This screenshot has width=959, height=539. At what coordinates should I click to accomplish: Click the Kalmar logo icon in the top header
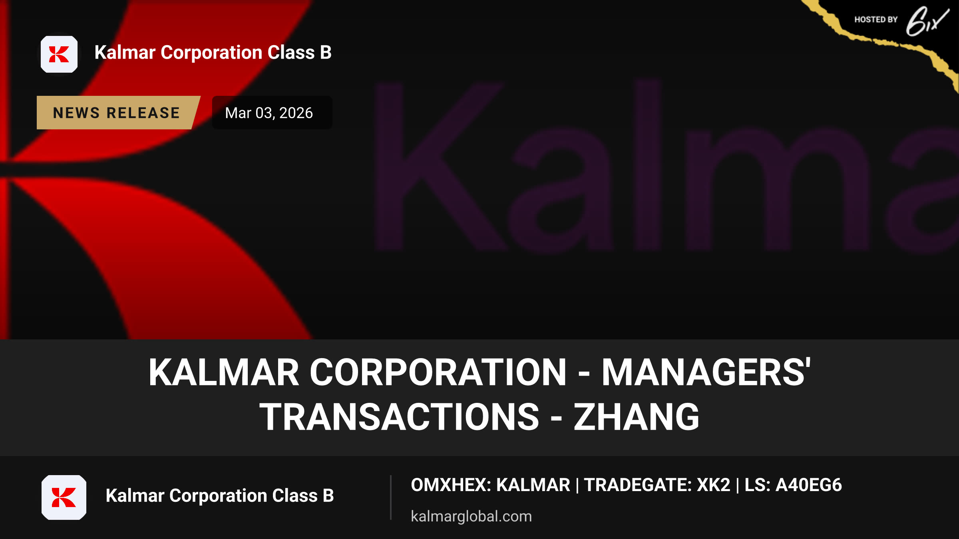tap(59, 54)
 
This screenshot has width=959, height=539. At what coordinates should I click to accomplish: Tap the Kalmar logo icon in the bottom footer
tap(64, 497)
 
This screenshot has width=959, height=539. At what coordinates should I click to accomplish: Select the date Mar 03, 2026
tap(269, 113)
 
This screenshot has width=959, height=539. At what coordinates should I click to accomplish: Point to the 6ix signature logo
tap(927, 22)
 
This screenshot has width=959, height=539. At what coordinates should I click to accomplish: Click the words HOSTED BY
tap(876, 20)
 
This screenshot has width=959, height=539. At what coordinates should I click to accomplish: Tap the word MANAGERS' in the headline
tap(706, 372)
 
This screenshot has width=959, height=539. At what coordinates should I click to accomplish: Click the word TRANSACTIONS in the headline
tap(400, 417)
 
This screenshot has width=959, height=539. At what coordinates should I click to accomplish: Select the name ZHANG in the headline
tap(637, 417)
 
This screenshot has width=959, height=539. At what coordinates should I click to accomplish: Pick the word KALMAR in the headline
tap(224, 372)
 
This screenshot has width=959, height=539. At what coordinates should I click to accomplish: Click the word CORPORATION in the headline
tap(438, 372)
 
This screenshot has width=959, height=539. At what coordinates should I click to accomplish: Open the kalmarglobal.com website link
tap(472, 516)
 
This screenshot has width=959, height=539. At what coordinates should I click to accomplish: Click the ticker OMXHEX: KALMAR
tap(491, 485)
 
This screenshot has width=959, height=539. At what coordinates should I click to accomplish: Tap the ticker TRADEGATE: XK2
tap(657, 485)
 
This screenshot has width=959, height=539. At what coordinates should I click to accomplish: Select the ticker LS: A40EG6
tap(793, 485)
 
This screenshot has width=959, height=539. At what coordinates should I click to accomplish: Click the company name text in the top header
tap(213, 53)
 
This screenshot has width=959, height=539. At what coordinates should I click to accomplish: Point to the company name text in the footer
tap(220, 495)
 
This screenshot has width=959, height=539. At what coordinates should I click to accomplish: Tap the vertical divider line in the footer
tap(391, 497)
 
